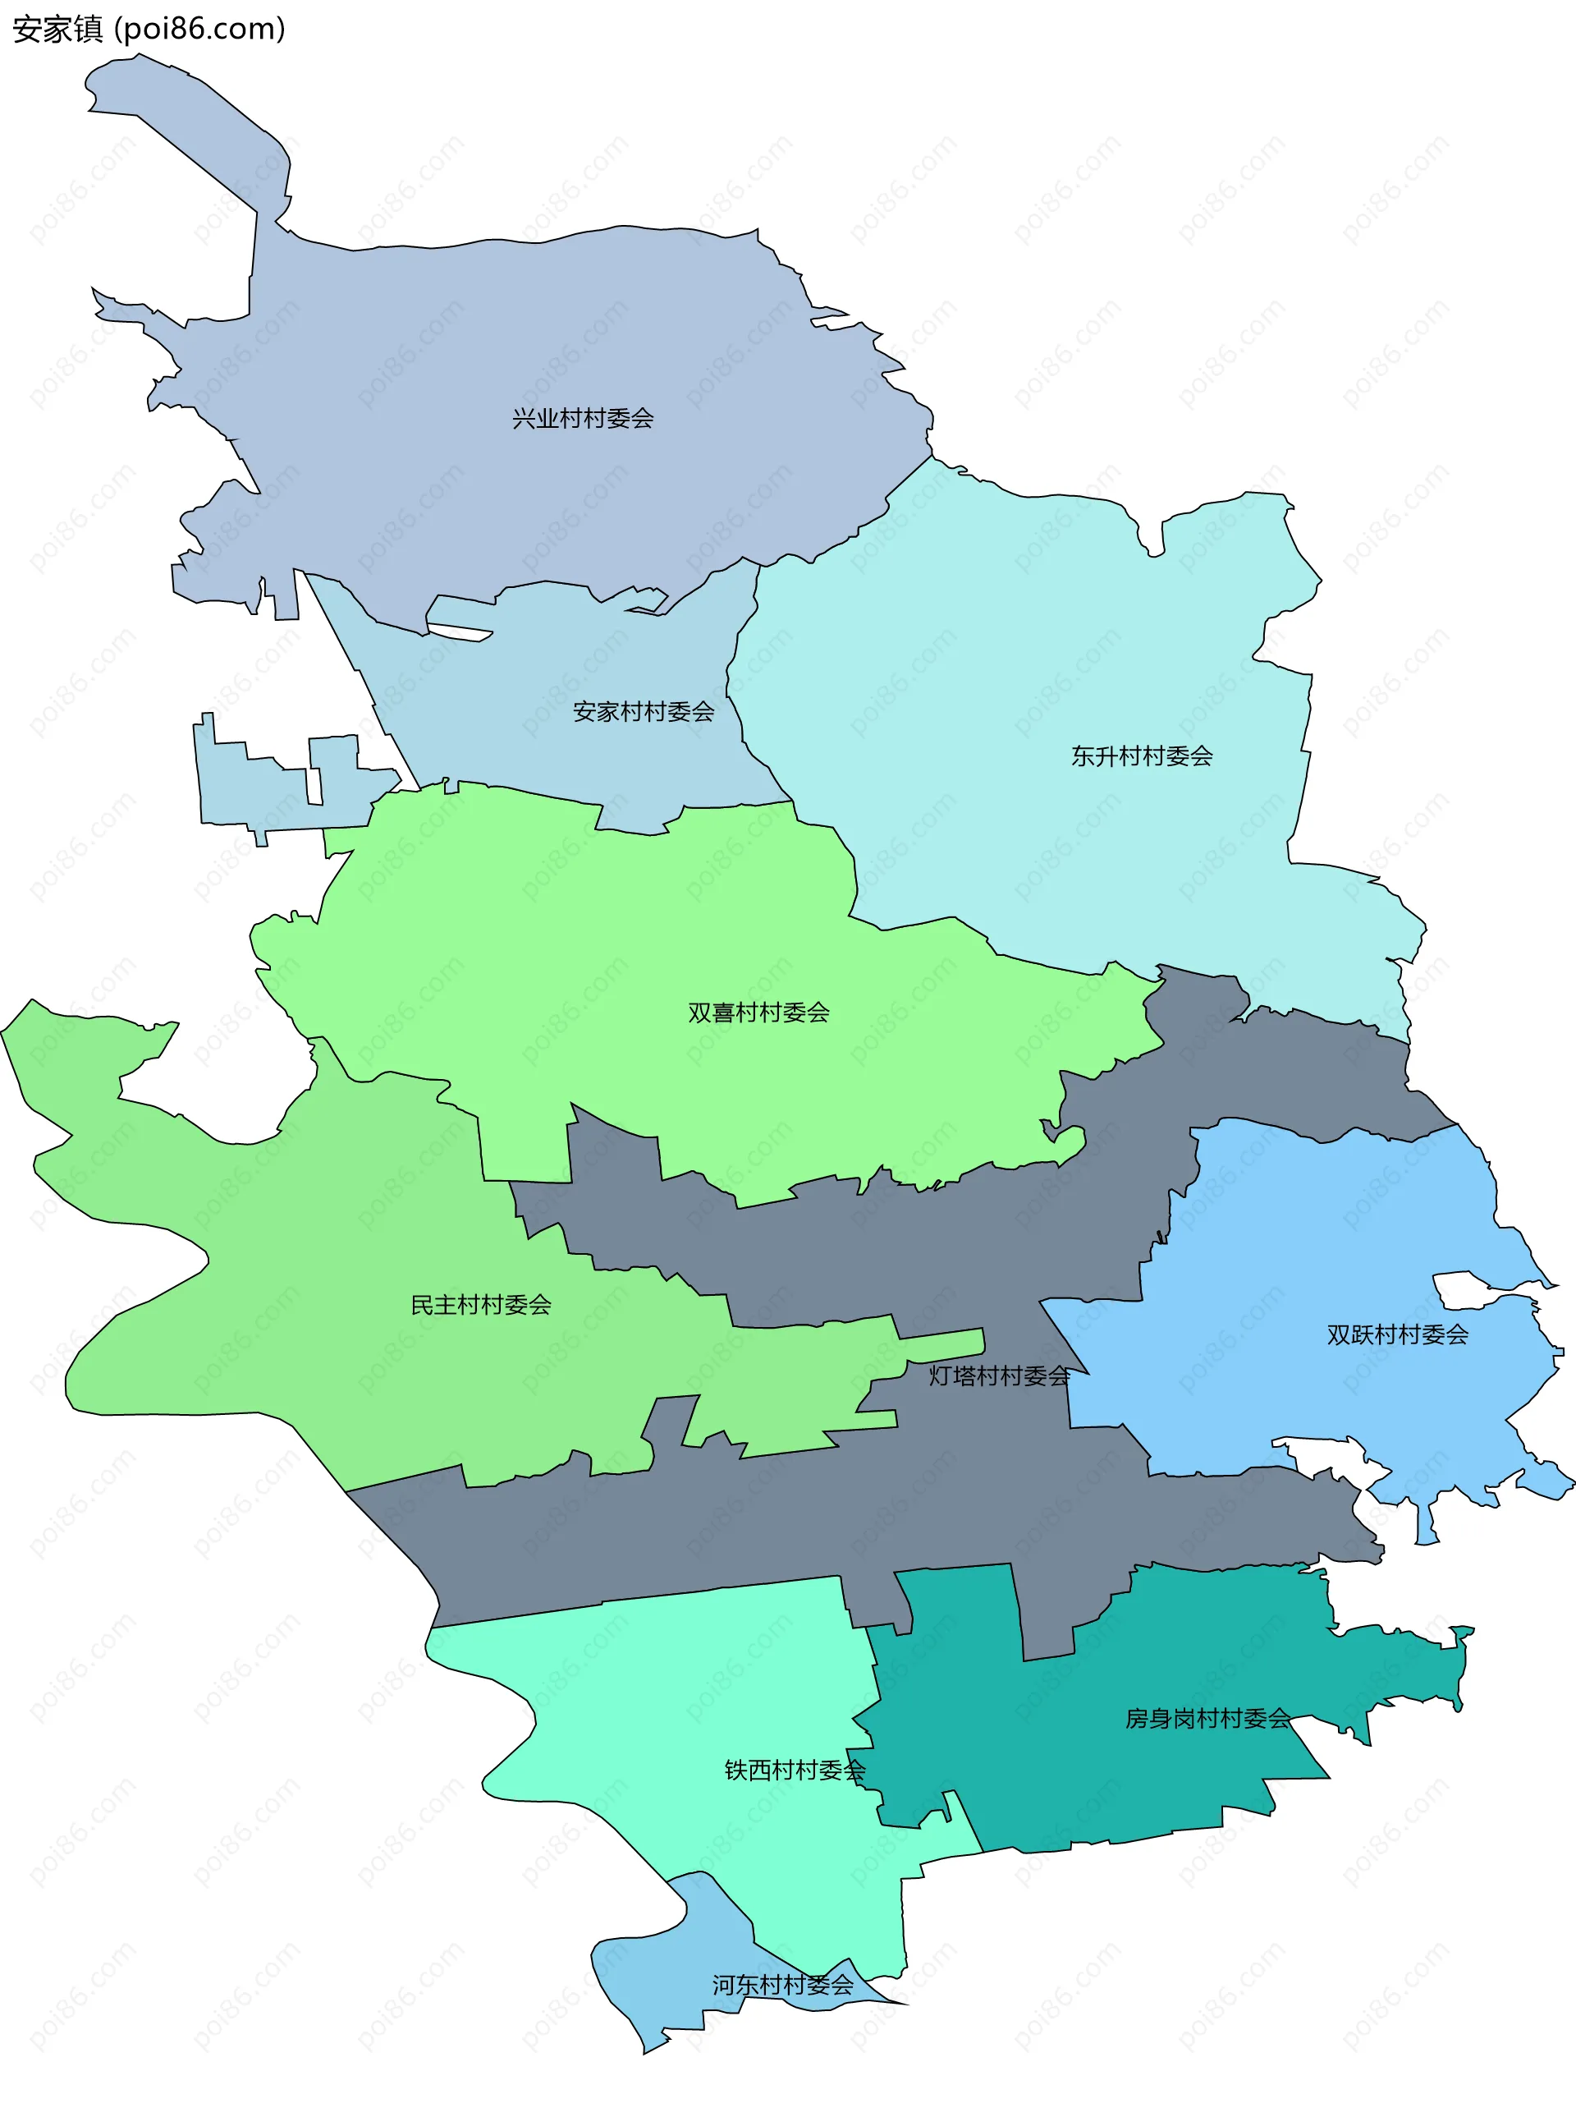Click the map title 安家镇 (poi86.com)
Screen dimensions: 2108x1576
click(x=149, y=30)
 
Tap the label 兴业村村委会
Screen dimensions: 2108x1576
click(x=582, y=418)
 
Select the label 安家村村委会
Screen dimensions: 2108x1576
click(x=644, y=712)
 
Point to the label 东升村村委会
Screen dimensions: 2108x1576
click(x=1142, y=756)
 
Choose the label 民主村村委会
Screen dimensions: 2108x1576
click(x=480, y=1306)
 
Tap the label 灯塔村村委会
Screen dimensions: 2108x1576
click(x=1000, y=1376)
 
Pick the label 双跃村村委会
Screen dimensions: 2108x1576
click(x=1397, y=1335)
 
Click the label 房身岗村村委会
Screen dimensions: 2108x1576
click(x=1207, y=1718)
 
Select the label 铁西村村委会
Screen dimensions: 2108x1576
click(x=795, y=1770)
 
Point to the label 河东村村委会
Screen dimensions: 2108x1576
click(x=782, y=1985)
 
